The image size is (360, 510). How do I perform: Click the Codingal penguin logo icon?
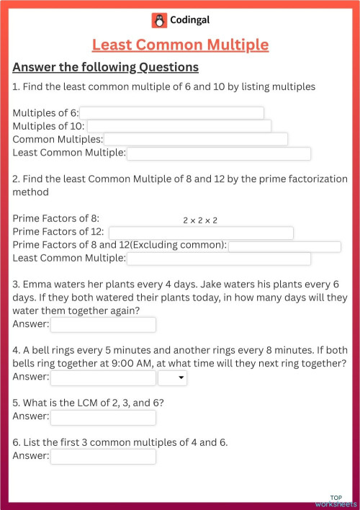click(159, 19)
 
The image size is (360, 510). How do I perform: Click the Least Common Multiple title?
click(180, 45)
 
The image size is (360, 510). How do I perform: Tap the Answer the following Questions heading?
click(106, 68)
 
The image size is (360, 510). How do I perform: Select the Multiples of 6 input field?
click(171, 113)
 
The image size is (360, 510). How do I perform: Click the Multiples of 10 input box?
click(179, 126)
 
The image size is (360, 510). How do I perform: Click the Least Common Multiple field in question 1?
click(219, 153)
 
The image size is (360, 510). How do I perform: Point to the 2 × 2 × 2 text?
click(200, 220)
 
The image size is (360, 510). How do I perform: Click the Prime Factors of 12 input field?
click(201, 233)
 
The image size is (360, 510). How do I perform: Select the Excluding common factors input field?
click(284, 246)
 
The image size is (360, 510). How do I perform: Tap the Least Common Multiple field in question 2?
click(219, 259)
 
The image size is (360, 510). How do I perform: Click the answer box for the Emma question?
click(103, 325)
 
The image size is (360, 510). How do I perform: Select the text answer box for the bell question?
click(103, 377)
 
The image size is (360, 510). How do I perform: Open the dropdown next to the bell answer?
click(173, 377)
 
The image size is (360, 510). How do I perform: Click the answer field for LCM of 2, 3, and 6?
click(103, 417)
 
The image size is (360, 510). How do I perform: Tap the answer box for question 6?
click(103, 457)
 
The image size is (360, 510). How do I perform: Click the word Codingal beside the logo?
click(191, 19)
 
